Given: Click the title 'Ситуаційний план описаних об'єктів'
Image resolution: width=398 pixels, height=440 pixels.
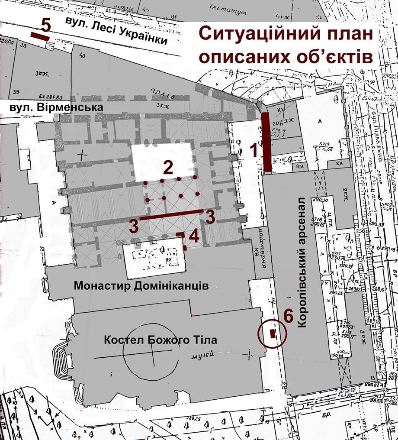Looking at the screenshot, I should (x=286, y=45).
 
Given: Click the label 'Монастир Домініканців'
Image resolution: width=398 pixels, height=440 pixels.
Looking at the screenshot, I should (x=141, y=286).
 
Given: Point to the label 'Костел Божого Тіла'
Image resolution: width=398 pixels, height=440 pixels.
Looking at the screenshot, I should (x=160, y=340).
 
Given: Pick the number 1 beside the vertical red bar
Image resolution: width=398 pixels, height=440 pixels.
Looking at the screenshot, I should (x=256, y=151).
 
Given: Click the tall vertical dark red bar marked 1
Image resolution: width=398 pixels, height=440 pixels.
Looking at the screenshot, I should (x=267, y=142).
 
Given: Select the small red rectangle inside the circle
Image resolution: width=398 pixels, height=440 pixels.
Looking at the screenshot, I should (x=273, y=333).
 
